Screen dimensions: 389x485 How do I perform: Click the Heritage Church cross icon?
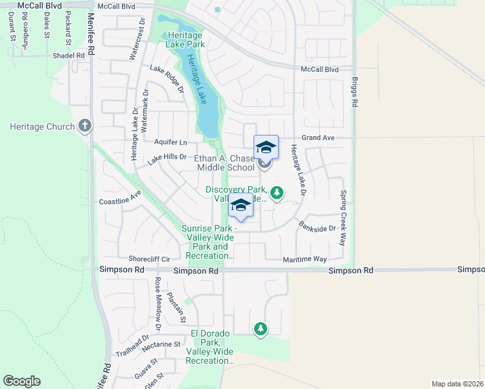point(85,126)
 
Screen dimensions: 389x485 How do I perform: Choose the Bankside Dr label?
point(318,228)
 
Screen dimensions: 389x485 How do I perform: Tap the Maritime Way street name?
point(305,259)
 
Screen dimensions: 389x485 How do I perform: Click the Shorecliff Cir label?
point(149,257)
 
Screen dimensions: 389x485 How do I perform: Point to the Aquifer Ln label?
point(171,142)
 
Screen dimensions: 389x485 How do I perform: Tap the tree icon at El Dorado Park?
point(260,329)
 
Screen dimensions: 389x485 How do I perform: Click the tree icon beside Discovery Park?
point(277,192)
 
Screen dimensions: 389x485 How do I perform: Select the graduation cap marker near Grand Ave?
point(266,148)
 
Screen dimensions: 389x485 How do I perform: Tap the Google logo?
point(21,381)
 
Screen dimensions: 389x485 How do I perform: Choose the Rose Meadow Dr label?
point(158,301)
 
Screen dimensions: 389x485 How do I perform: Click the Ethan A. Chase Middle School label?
point(226,163)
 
